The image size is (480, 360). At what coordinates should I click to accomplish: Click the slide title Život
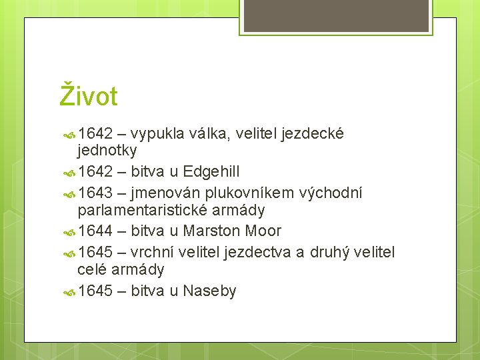coord(89,96)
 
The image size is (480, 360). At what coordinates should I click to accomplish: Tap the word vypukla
coord(158,134)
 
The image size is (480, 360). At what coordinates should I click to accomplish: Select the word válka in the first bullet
coord(210,134)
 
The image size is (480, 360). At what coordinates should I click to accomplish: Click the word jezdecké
coord(313,134)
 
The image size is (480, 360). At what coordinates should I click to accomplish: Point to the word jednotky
coord(107,150)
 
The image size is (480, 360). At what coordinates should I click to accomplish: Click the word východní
coord(332,193)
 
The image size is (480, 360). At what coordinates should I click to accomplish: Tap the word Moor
coord(264,231)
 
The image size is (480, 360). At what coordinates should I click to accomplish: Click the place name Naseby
coord(209,291)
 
